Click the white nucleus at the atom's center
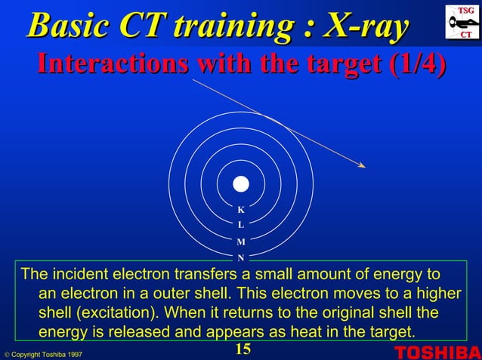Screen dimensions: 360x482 click(x=240, y=184)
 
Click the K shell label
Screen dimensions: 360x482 click(x=240, y=210)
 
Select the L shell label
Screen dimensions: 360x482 click(x=240, y=225)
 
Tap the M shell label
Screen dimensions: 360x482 click(x=240, y=242)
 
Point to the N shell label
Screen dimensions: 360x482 click(x=240, y=258)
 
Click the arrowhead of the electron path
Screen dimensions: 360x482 click(x=363, y=166)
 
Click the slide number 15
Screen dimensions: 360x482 click(x=242, y=349)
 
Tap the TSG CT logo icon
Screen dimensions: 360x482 click(x=462, y=22)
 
